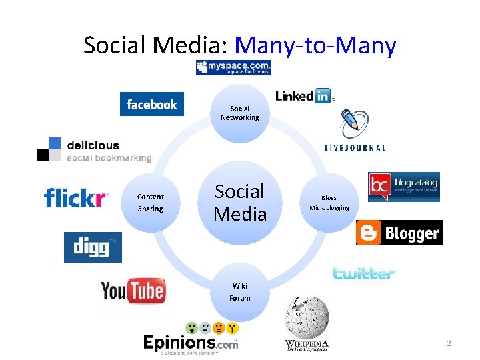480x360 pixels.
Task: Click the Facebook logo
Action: [x=152, y=104]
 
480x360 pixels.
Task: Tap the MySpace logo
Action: [x=233, y=67]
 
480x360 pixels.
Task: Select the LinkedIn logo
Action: [x=303, y=96]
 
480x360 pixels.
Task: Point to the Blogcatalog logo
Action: [x=404, y=187]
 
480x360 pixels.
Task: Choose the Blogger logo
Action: [x=399, y=233]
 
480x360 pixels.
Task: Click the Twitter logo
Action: [x=364, y=273]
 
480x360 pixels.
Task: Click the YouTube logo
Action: [x=133, y=291]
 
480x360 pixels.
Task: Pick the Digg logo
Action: [x=93, y=247]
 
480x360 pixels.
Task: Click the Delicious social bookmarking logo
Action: [x=94, y=150]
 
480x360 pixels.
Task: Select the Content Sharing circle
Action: [x=150, y=203]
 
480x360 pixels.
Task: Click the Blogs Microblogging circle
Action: [x=329, y=203]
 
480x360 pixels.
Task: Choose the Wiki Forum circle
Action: [x=240, y=292]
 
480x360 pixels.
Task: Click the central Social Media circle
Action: [x=240, y=203]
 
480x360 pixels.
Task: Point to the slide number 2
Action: [x=449, y=344]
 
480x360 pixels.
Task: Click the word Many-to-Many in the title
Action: [x=316, y=45]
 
